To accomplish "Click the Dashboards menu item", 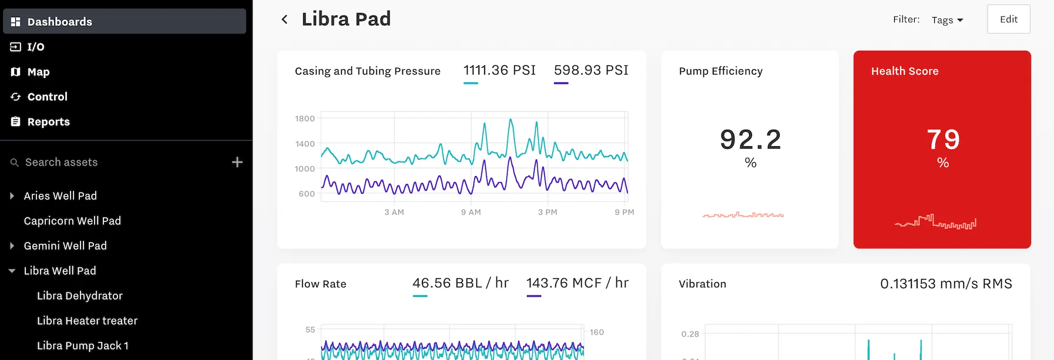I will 59,22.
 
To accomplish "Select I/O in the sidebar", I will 35,47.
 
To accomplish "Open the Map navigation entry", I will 38,72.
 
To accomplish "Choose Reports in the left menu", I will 48,122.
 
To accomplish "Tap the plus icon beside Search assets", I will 237,162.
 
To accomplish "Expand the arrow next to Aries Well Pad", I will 12,196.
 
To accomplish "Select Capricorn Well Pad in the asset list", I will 72,221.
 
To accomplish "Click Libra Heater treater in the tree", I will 87,321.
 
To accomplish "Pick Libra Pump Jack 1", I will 82,346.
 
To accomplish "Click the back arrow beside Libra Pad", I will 284,19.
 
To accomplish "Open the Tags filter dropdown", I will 947,20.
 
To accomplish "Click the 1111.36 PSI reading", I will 499,70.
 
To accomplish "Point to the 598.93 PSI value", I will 591,70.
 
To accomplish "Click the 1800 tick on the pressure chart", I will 305,119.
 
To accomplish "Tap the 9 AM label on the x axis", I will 471,212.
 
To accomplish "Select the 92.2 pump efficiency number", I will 750,140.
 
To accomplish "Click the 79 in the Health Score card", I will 943,140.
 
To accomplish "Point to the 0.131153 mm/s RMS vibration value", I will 946,284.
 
